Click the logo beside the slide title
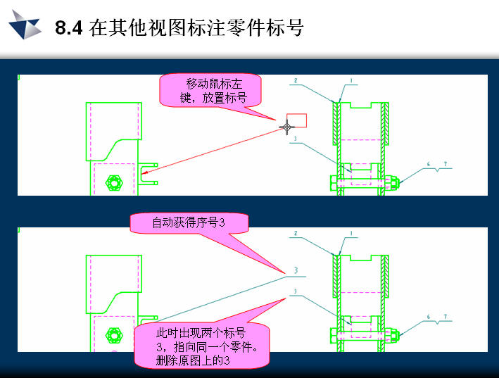click(x=25, y=25)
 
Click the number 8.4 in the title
click(x=69, y=27)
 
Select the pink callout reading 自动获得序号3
click(x=189, y=223)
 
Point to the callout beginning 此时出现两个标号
click(x=202, y=346)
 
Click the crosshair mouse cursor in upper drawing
click(x=286, y=127)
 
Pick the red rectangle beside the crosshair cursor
click(x=296, y=120)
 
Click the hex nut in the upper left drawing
click(x=114, y=182)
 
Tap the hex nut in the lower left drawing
click(x=114, y=335)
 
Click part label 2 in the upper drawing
click(x=296, y=80)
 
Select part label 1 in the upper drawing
click(x=351, y=80)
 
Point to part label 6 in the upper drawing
click(x=429, y=164)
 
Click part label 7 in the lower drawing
click(x=446, y=317)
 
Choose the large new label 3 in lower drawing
click(x=296, y=270)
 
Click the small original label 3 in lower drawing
click(x=296, y=291)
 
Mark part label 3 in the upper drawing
click(x=296, y=139)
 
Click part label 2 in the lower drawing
click(x=296, y=233)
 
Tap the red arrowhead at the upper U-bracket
click(x=144, y=172)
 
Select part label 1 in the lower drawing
click(x=351, y=233)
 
